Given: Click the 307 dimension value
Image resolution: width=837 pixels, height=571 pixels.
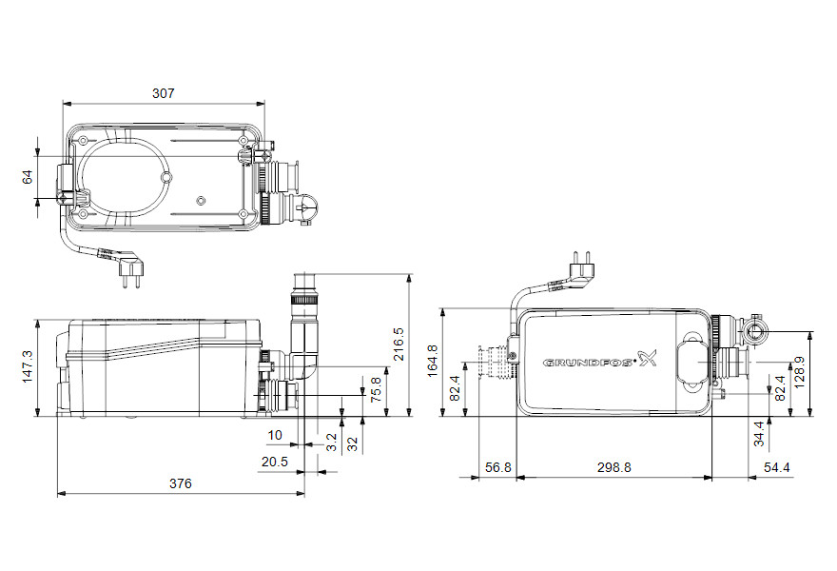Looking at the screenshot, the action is coord(164,93).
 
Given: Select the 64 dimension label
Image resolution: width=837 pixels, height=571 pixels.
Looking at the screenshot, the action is coord(28,177).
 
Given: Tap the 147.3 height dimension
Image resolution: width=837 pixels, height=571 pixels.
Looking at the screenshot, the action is coord(28,366).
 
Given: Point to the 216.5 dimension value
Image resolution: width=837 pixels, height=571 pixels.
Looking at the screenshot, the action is coord(399,344).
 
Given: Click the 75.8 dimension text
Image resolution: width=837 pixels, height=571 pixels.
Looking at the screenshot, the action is coord(376,389).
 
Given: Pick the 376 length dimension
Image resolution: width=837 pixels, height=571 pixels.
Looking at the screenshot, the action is coord(181,484).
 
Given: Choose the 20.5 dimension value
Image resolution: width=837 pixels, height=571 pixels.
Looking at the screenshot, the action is coord(274,463).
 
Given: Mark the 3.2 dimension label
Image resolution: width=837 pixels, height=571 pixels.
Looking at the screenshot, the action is coord(332,443).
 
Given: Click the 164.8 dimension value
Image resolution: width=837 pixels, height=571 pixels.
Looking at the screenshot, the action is coord(433,361).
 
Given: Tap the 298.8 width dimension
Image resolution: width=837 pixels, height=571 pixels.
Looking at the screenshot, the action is coord(613,468).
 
